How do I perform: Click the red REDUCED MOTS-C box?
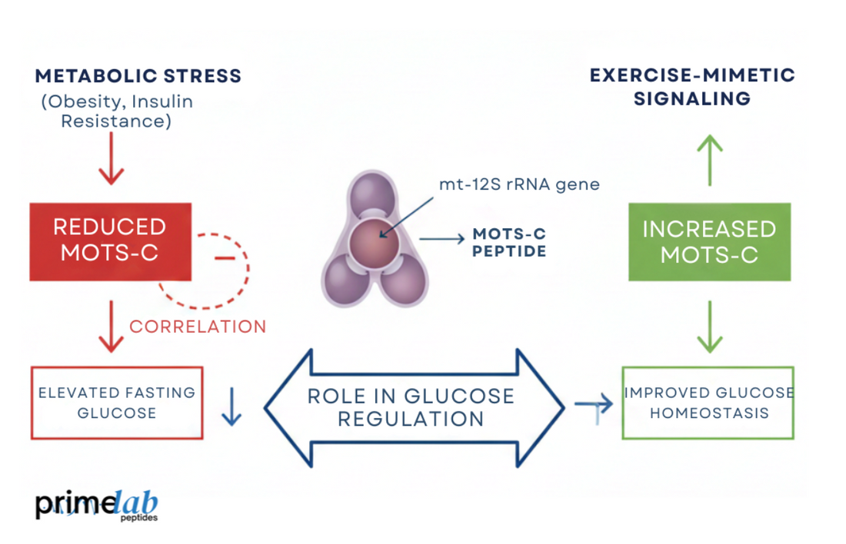pyautogui.click(x=110, y=240)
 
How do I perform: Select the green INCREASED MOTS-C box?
pyautogui.click(x=709, y=241)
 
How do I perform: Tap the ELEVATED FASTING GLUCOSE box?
pyautogui.click(x=117, y=403)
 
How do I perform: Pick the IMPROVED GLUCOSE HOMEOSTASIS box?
pyautogui.click(x=708, y=403)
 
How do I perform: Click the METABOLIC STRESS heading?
pyautogui.click(x=138, y=76)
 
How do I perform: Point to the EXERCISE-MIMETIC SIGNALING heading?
pyautogui.click(x=692, y=87)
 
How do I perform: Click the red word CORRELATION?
pyautogui.click(x=198, y=327)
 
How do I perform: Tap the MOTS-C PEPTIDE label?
pyautogui.click(x=509, y=242)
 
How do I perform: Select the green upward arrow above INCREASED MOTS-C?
pyautogui.click(x=709, y=160)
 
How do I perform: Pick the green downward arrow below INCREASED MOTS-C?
pyautogui.click(x=709, y=326)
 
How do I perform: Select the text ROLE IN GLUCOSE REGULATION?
pyautogui.click(x=411, y=406)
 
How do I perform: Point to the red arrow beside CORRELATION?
pyautogui.click(x=112, y=326)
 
